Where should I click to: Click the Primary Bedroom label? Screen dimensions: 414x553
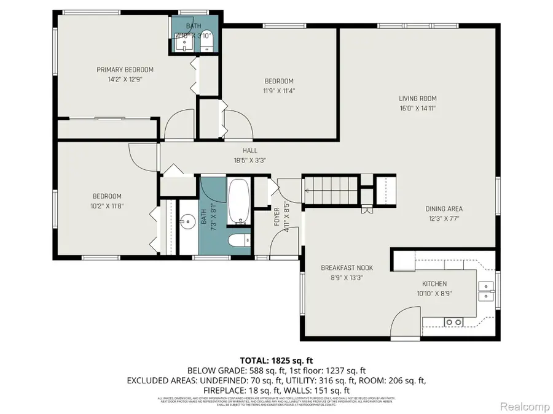tap(125, 69)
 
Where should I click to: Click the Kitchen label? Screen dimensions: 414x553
tap(434, 283)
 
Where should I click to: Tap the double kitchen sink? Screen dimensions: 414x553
tap(486, 289)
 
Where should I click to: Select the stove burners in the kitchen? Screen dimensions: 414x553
tap(454, 322)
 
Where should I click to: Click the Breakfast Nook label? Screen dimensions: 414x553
tap(347, 267)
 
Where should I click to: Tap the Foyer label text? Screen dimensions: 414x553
tap(277, 217)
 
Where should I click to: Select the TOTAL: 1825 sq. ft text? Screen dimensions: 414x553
tap(276, 360)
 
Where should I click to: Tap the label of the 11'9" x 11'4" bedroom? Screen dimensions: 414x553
tap(278, 81)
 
